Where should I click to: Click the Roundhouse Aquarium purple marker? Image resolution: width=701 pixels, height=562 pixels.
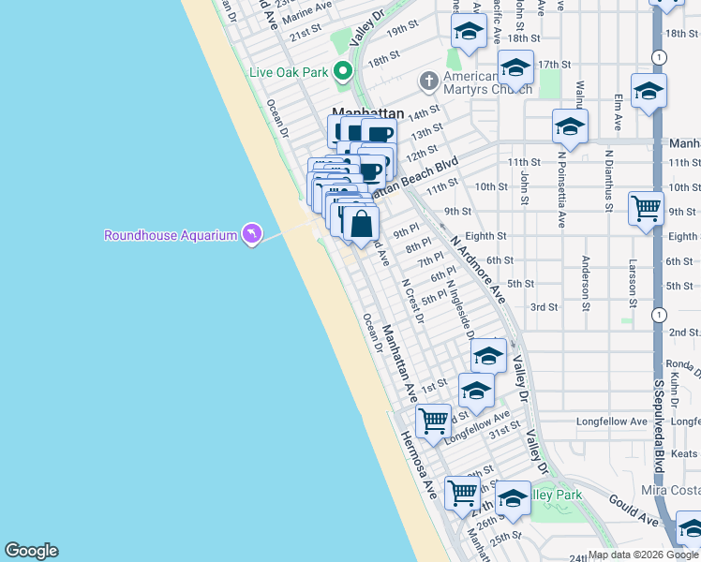click(251, 234)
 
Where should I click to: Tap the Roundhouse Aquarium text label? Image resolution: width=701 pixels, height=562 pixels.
click(170, 235)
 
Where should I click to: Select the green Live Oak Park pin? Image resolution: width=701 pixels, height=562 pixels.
click(344, 70)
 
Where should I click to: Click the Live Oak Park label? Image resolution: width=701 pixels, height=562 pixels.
click(289, 71)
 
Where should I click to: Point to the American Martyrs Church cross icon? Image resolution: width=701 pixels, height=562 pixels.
click(429, 81)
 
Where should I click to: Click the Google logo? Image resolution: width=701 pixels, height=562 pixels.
click(31, 550)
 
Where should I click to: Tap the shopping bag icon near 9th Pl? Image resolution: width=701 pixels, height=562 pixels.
click(361, 225)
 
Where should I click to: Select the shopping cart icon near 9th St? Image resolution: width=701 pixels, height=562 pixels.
click(647, 209)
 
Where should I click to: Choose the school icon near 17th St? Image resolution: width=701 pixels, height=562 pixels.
click(515, 68)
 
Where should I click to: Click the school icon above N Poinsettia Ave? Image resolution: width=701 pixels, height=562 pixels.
click(569, 126)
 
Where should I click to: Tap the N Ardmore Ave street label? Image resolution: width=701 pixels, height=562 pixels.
click(478, 268)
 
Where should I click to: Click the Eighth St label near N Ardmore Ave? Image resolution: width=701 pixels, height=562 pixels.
click(485, 237)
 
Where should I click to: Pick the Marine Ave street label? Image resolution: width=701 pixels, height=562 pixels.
click(306, 10)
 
